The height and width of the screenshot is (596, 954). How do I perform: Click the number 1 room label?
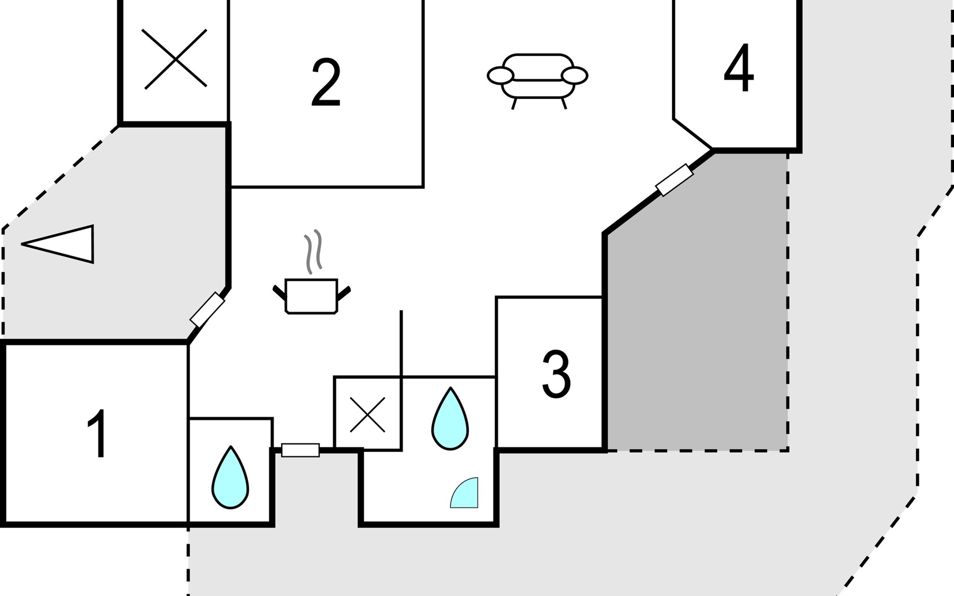coord(97,433)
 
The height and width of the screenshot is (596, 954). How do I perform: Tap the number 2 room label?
coord(326,82)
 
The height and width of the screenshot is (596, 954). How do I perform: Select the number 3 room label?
coord(556,374)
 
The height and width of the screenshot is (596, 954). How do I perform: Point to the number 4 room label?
coord(739,69)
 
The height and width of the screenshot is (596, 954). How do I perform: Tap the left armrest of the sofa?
coord(500,76)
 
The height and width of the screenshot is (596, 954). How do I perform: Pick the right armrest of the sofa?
coord(574,75)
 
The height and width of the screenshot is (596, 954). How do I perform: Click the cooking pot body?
coord(312,297)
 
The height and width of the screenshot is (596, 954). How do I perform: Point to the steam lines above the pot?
coord(314,251)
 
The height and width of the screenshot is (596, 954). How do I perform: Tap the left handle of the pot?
coord(279,292)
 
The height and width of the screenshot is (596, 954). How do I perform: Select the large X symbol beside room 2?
coord(175,59)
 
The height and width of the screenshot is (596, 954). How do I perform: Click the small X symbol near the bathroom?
coord(367,414)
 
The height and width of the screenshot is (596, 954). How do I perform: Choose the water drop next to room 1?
coord(230,478)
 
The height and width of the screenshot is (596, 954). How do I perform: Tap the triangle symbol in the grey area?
coord(65,244)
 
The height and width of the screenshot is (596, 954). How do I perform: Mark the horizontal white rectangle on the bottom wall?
coord(301,450)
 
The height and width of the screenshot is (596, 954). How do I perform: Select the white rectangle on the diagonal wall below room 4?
coord(674,180)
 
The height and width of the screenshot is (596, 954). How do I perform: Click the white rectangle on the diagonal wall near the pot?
coord(207,309)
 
